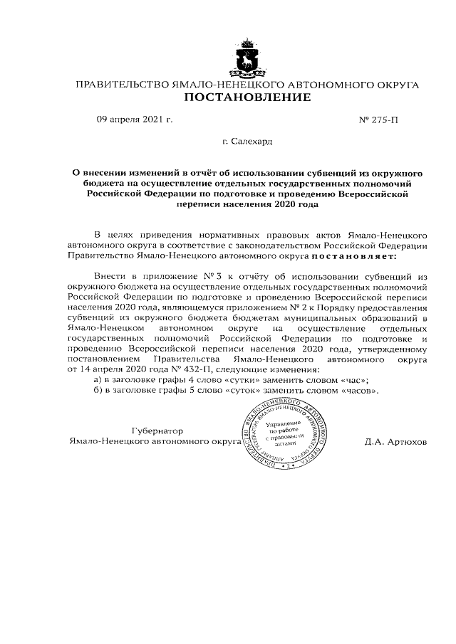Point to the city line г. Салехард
[247, 142]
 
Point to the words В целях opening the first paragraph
[110, 234]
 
